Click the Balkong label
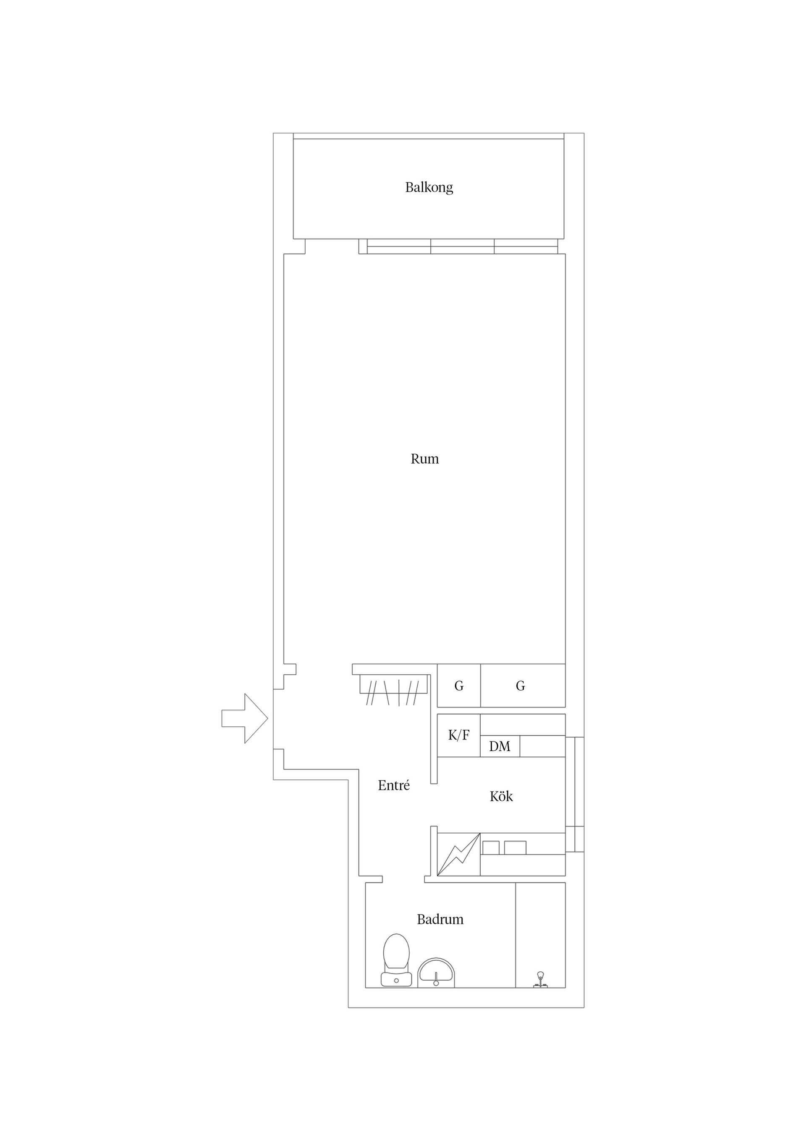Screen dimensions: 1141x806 point(429,187)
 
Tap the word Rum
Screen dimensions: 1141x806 point(424,459)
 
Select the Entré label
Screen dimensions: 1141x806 point(393,786)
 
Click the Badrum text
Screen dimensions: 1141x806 point(440,919)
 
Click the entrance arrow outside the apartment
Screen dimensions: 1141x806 point(245,719)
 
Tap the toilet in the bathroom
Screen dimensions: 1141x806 point(396,960)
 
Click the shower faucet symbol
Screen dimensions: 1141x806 point(540,978)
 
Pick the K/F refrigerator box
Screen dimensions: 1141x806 point(458,736)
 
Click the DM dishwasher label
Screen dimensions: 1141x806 point(500,747)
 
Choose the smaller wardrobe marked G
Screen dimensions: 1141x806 point(458,686)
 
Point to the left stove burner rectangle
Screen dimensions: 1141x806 point(491,847)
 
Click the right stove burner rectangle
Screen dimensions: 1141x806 point(515,847)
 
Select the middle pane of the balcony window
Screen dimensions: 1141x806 point(462,247)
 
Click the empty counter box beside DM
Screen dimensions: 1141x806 point(542,747)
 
